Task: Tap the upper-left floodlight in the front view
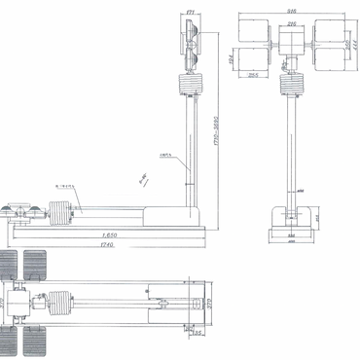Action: click(x=257, y=29)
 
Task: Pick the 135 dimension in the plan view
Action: click(x=198, y=333)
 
